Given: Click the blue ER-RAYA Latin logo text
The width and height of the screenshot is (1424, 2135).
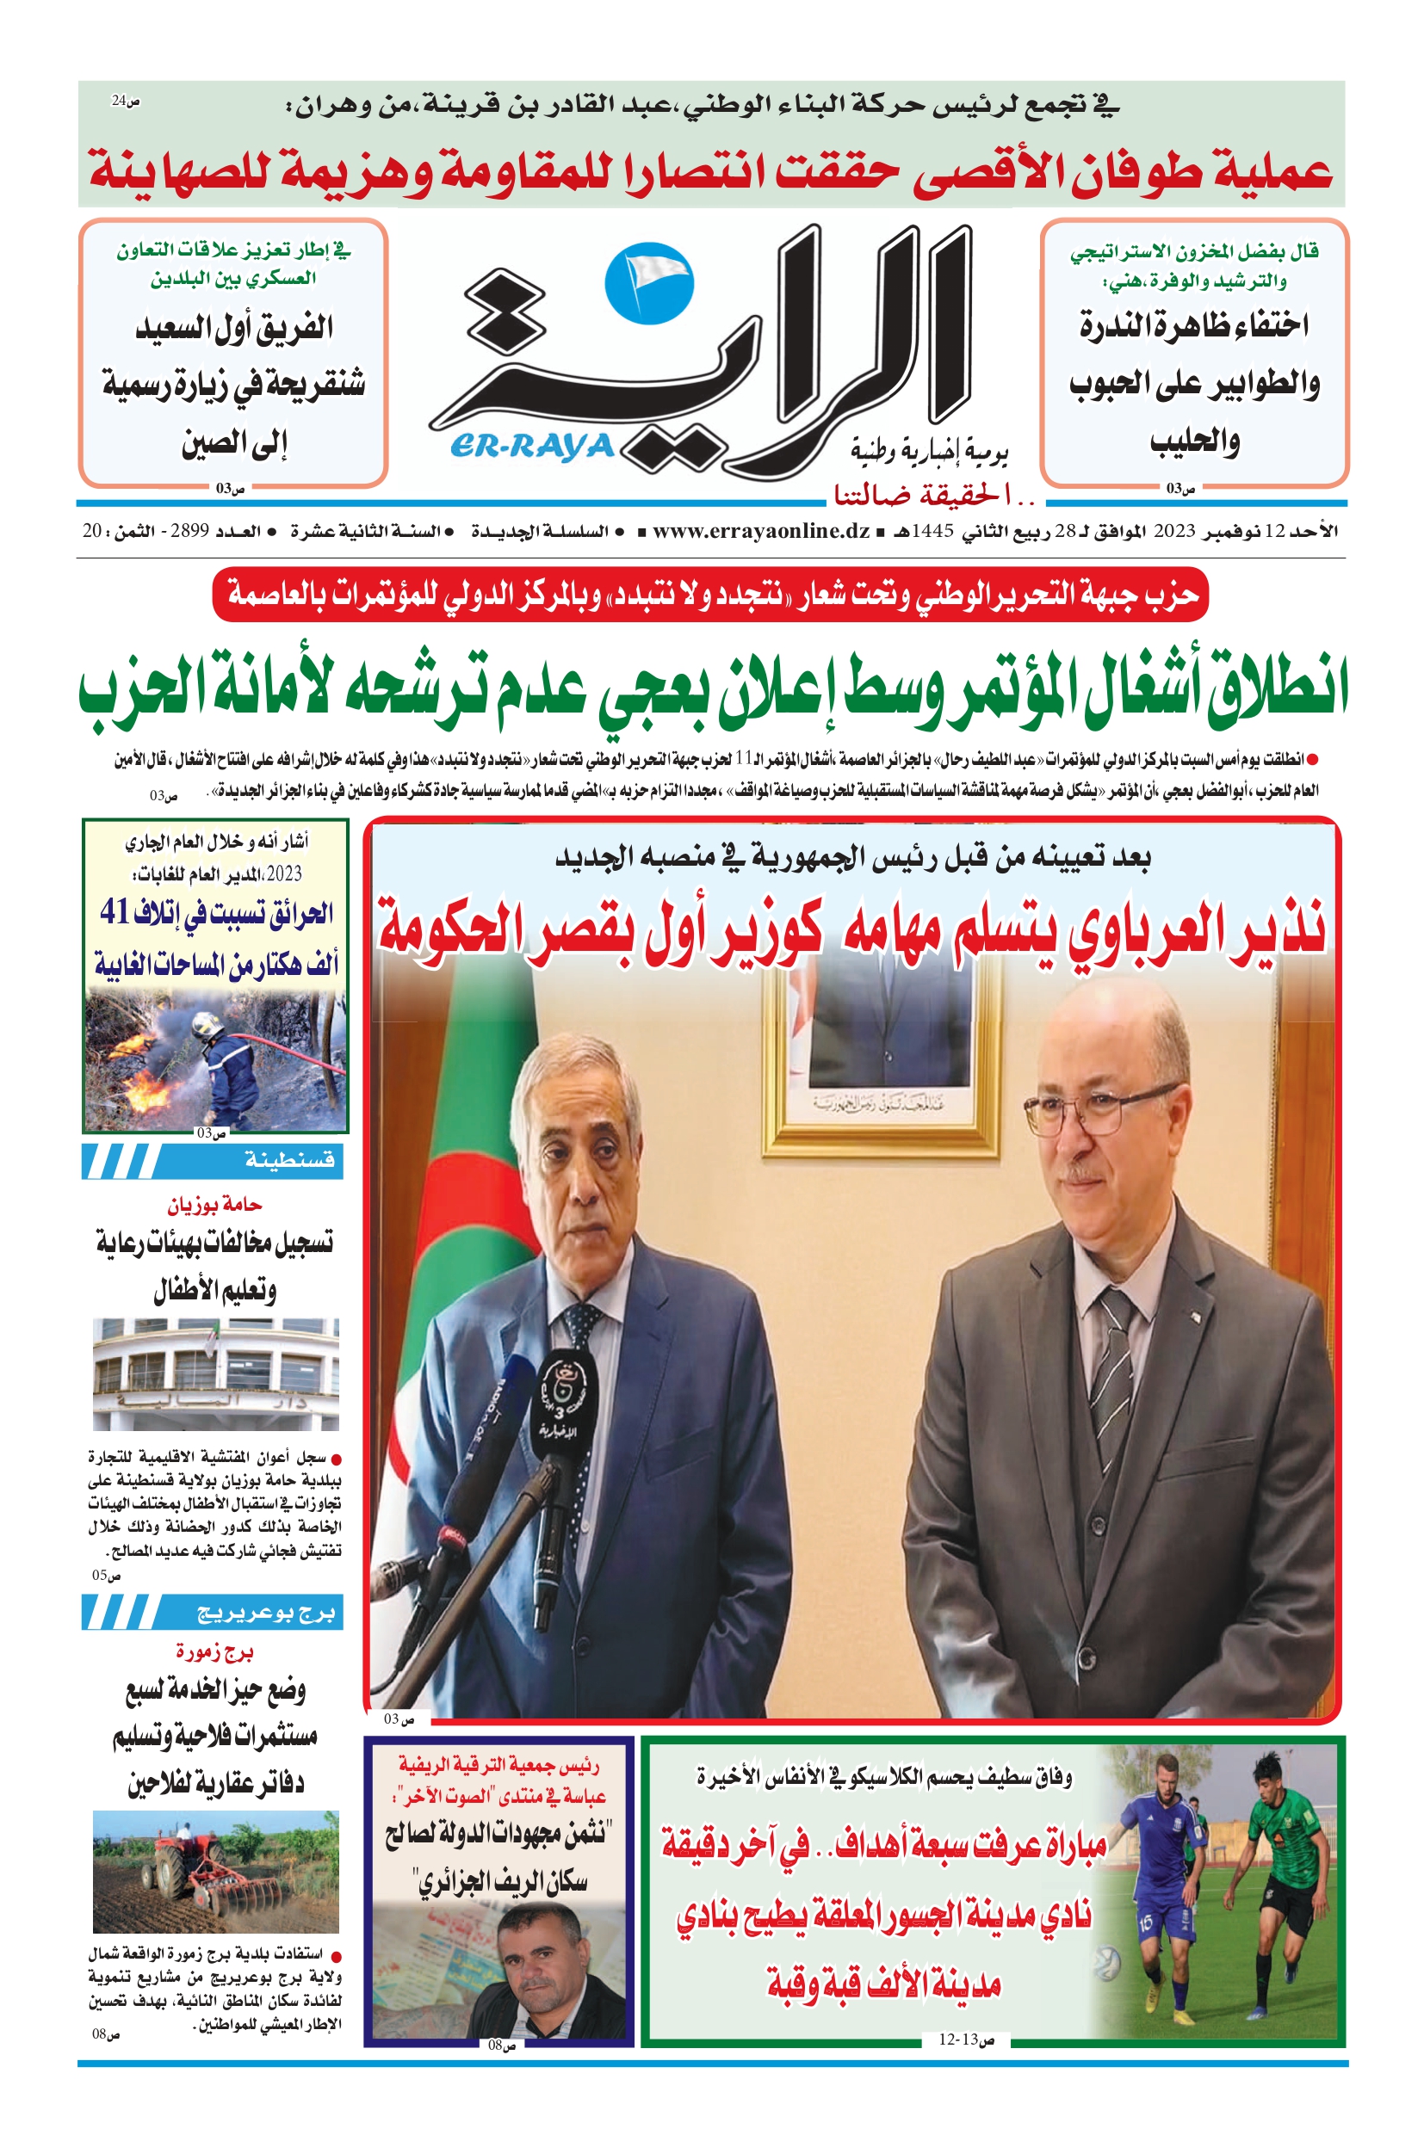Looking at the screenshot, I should (x=531, y=446).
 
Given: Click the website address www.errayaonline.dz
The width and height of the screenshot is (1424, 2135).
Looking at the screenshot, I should (x=761, y=531).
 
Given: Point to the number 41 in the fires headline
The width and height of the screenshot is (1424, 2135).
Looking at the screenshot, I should (x=115, y=911).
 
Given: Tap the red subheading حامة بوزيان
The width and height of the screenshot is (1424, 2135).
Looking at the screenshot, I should (x=214, y=1205).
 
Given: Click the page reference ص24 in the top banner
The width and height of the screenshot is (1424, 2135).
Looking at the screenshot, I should (x=126, y=102).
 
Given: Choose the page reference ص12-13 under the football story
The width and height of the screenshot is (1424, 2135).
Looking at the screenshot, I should (x=966, y=2039).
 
